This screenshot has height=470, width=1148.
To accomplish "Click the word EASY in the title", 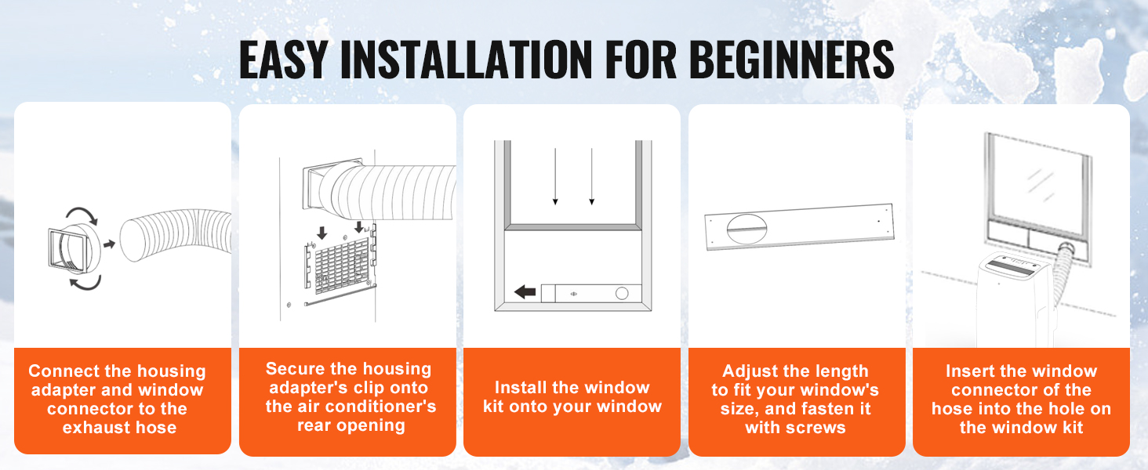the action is pyautogui.click(x=283, y=60).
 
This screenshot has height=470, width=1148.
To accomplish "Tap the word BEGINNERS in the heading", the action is pyautogui.click(x=791, y=60).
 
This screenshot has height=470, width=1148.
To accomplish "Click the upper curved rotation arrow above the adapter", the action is pyautogui.click(x=82, y=214).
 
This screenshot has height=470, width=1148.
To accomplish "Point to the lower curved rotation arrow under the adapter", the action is pyautogui.click(x=85, y=283).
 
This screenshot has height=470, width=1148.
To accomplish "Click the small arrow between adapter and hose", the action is pyautogui.click(x=109, y=244).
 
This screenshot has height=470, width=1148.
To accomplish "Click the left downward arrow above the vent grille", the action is pyautogui.click(x=322, y=233).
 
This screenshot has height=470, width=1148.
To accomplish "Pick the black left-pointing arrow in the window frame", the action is pyautogui.click(x=525, y=292).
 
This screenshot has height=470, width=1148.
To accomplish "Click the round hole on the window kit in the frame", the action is pyautogui.click(x=622, y=294).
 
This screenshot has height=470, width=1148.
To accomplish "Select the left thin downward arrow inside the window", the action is pyautogui.click(x=555, y=176).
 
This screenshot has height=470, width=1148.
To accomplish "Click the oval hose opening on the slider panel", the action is pyautogui.click(x=747, y=229).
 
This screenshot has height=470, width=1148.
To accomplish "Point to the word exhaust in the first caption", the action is pyautogui.click(x=94, y=427).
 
